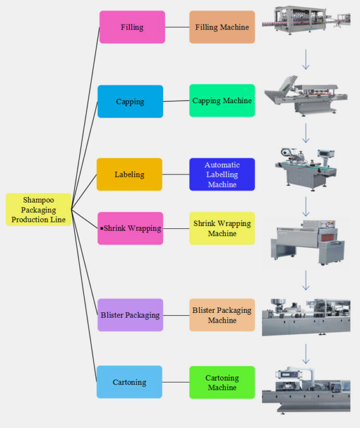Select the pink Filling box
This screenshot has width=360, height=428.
[x=132, y=27]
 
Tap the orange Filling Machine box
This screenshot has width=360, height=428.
[x=222, y=27]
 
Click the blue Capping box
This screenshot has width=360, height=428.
[x=130, y=101]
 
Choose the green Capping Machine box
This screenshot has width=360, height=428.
[x=222, y=101]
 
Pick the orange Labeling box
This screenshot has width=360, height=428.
[x=130, y=174]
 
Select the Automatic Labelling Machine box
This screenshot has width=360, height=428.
[x=222, y=174]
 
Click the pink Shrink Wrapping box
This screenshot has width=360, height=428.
[x=130, y=228]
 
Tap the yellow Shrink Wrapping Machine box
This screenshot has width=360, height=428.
[x=222, y=228]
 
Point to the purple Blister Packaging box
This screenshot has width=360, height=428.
[x=130, y=315]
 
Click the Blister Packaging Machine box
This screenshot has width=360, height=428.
[x=222, y=315]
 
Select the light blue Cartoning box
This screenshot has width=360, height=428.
[x=130, y=382]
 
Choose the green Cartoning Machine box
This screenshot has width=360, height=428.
[x=222, y=382]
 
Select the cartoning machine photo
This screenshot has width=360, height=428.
[x=306, y=390]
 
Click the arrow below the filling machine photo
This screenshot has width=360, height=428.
[x=306, y=59]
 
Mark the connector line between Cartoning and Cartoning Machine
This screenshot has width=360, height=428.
[x=176, y=382]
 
